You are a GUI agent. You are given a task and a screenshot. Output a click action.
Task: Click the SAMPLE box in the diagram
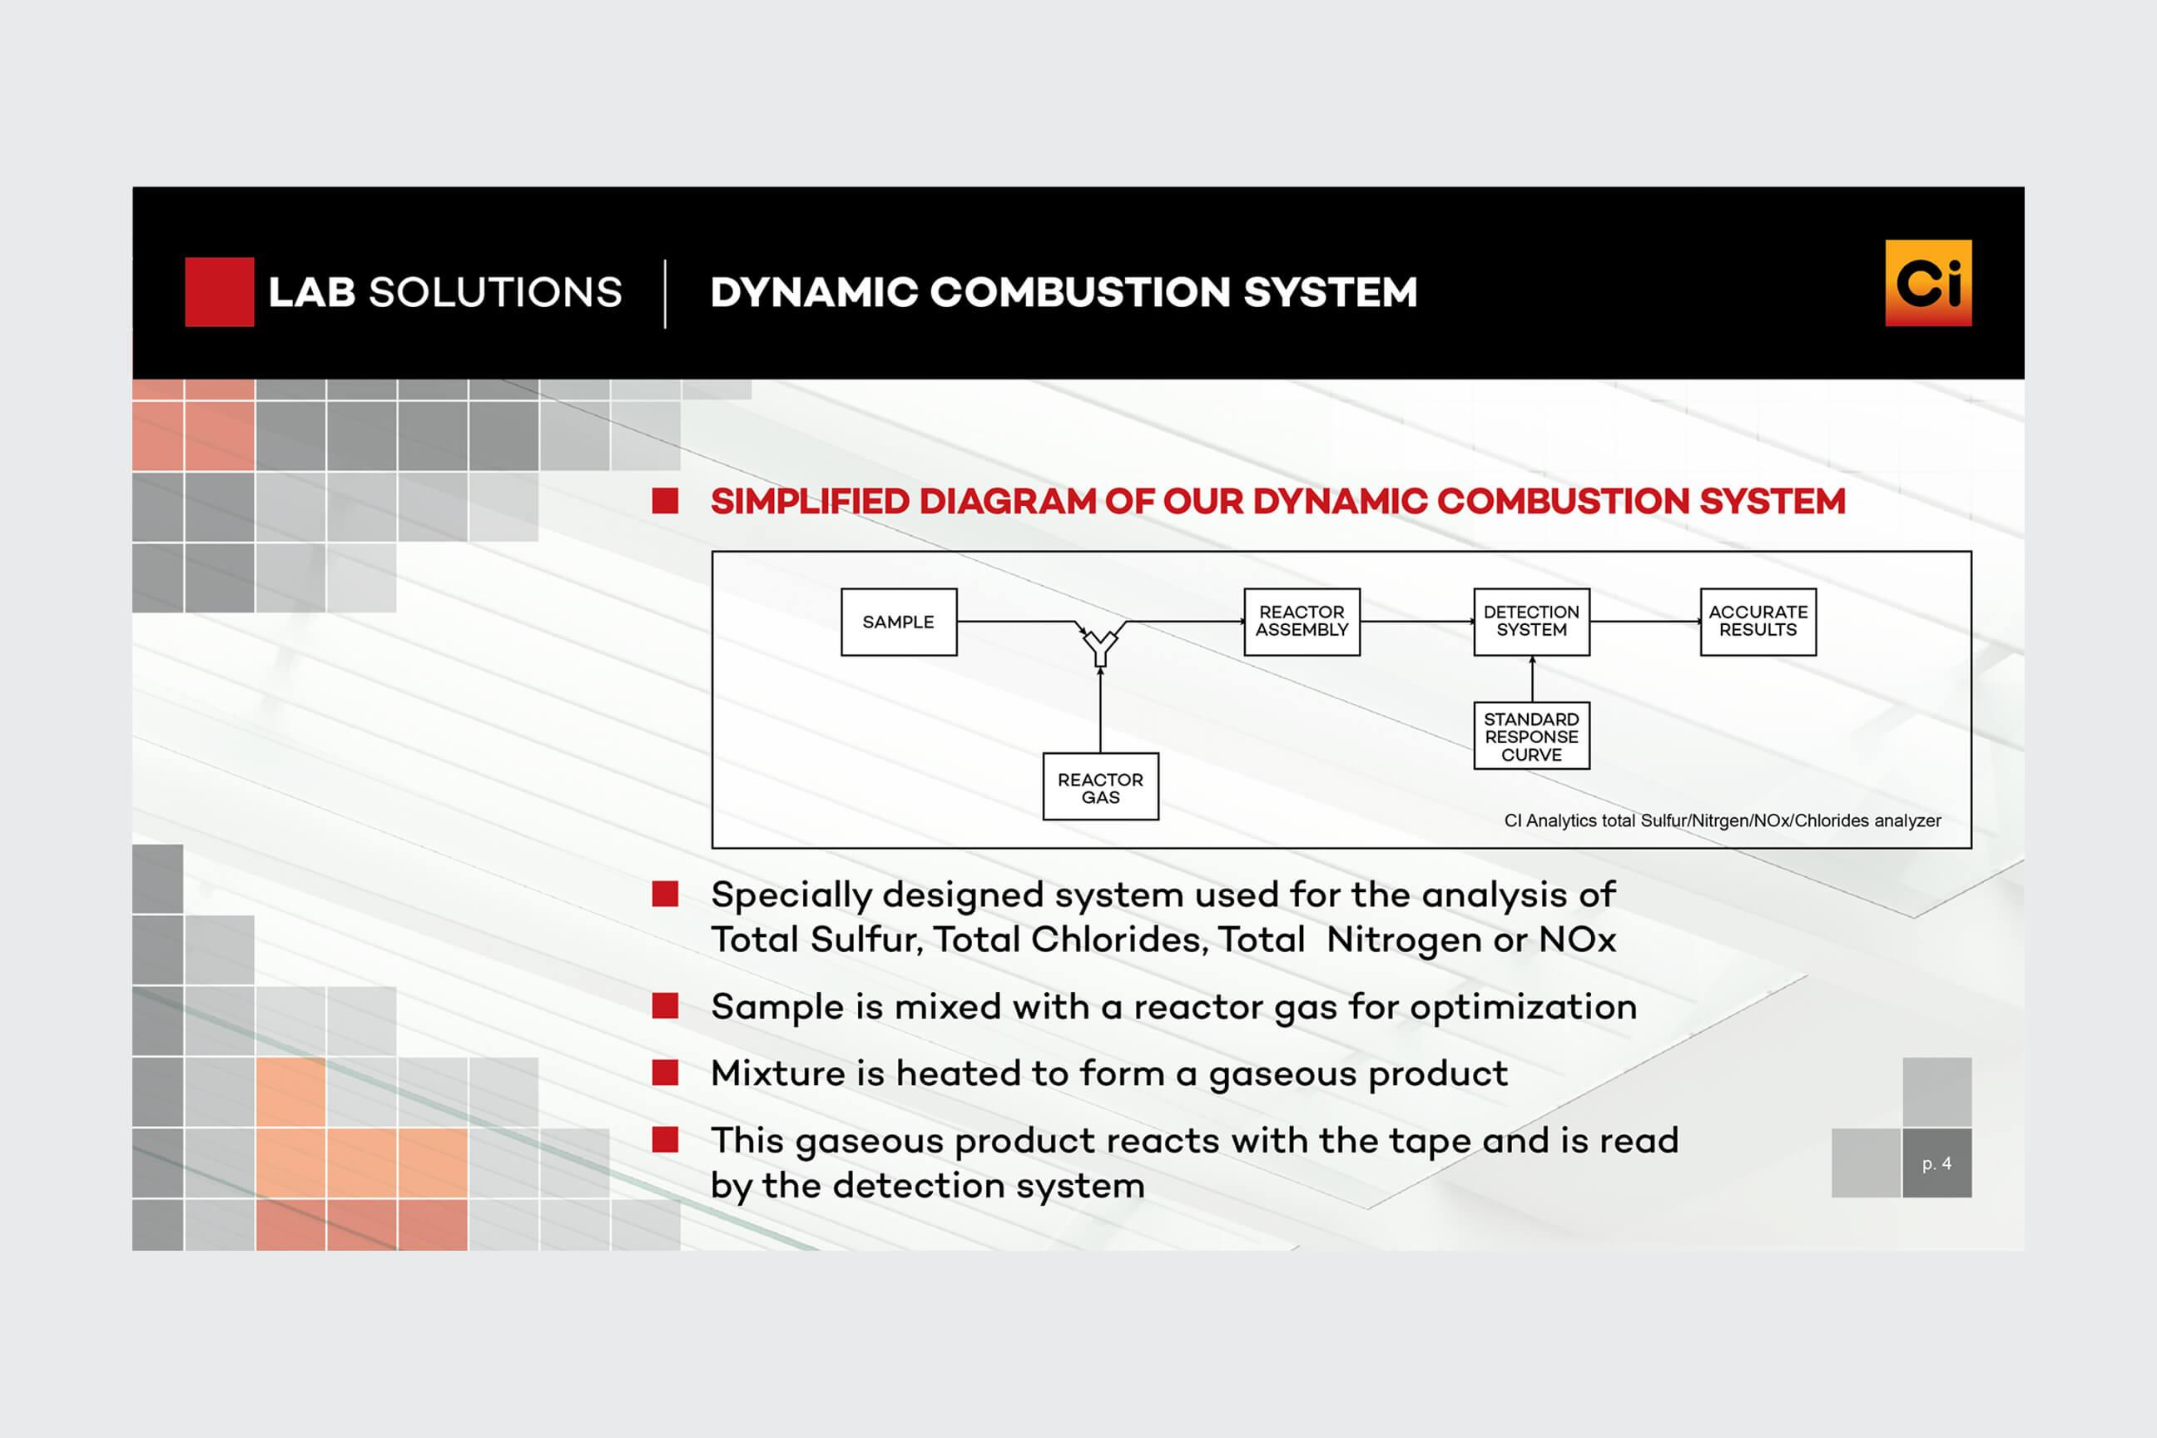(x=899, y=622)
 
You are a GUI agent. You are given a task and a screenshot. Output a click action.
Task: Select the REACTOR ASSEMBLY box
(x=1302, y=622)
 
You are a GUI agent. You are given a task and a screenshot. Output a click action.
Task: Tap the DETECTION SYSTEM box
(x=1531, y=622)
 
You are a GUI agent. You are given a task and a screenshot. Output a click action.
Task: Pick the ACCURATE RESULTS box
(x=1758, y=622)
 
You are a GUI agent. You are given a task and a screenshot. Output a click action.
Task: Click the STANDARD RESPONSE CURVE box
(x=1531, y=736)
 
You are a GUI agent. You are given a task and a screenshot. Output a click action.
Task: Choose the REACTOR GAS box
(x=1100, y=788)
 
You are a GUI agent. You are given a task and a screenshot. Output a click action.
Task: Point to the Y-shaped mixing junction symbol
(x=1100, y=645)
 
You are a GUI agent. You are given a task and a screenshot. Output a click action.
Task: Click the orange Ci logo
(x=1927, y=284)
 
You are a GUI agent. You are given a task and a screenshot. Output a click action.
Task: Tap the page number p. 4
(x=1937, y=1163)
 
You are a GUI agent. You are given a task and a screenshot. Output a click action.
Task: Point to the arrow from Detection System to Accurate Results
(x=1645, y=622)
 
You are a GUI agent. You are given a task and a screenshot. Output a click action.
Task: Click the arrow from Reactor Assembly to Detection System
(x=1417, y=622)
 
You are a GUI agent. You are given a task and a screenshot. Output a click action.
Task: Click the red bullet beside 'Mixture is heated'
(x=665, y=1073)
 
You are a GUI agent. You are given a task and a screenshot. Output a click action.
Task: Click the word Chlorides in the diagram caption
(x=1831, y=821)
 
